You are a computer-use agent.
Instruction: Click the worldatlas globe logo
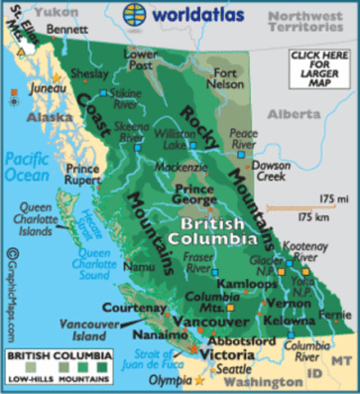pos(135,14)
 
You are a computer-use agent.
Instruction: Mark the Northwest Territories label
pos(308,21)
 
